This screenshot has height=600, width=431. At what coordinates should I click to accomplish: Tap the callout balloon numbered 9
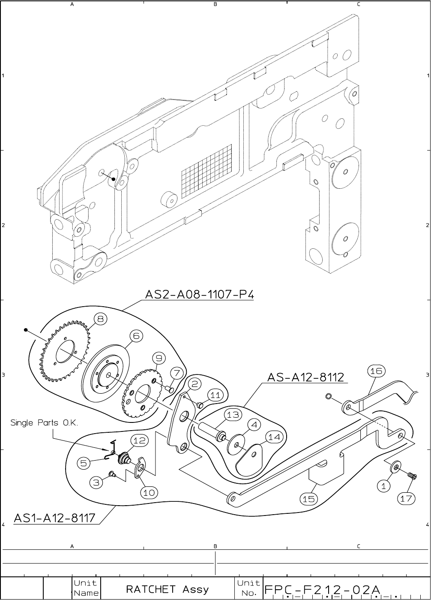pyautogui.click(x=158, y=358)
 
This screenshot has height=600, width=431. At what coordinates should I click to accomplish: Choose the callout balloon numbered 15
pyautogui.click(x=309, y=499)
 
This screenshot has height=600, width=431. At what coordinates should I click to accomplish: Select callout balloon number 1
pyautogui.click(x=384, y=486)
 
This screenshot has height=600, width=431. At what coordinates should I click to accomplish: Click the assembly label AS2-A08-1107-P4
pyautogui.click(x=200, y=295)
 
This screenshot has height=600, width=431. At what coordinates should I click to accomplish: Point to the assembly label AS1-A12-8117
pyautogui.click(x=54, y=518)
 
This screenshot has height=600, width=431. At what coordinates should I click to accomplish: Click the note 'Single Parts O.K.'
pyautogui.click(x=44, y=423)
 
